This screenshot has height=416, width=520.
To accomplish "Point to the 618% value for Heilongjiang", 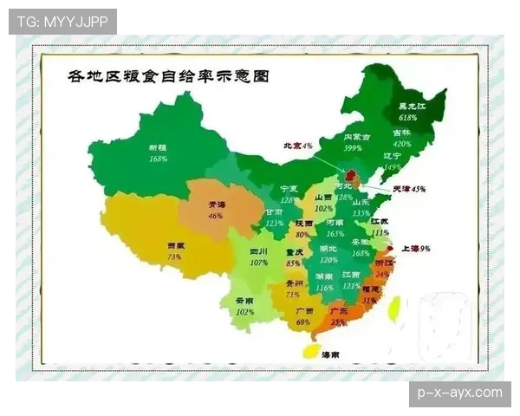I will (x=408, y=117).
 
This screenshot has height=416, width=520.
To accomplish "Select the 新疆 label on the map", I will (x=157, y=147).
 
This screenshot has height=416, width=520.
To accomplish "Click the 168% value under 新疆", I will (x=157, y=159).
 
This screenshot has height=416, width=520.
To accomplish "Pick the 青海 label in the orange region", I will (x=216, y=205).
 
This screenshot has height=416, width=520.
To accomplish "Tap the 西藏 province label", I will (x=174, y=246).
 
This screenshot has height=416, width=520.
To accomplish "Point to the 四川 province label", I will (x=259, y=250).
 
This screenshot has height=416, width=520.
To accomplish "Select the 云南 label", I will (x=245, y=301).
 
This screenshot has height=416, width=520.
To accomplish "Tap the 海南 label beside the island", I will (x=330, y=355).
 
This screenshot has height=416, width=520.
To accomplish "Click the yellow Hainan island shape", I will (x=308, y=351).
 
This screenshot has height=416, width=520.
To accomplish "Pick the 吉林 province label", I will (x=401, y=133).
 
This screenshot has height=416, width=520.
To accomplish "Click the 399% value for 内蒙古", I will (x=353, y=148).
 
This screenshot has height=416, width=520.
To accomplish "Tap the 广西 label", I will (x=304, y=310).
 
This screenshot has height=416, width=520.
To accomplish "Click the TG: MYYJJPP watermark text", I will (x=62, y=21).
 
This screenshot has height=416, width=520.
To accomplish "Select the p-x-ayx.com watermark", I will (x=459, y=393).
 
